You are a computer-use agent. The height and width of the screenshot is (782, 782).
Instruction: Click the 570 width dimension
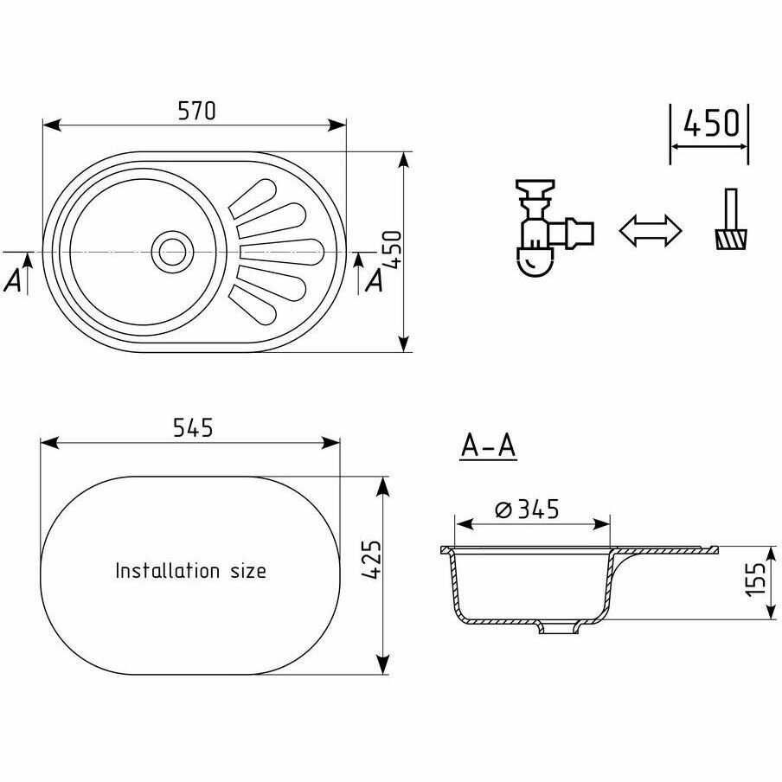click(x=195, y=111)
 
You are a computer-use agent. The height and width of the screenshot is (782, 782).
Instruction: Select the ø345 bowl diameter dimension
click(x=528, y=510)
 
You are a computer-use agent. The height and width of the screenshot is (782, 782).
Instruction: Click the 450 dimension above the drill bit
click(x=711, y=124)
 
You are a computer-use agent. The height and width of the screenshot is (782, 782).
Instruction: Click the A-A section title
click(x=488, y=445)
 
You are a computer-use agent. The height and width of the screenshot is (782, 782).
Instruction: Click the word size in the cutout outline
click(x=246, y=571)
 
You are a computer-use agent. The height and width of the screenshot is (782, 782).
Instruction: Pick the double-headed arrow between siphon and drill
click(x=651, y=231)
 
